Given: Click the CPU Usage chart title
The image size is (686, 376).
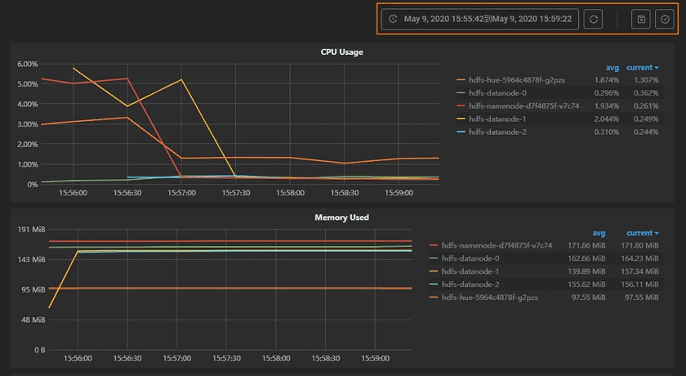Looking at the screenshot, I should tap(341, 52).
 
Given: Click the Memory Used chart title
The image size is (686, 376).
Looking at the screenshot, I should tap(341, 217).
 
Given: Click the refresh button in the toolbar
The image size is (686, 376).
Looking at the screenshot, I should tap(594, 19).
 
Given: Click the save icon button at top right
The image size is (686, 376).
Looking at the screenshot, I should tap(641, 19).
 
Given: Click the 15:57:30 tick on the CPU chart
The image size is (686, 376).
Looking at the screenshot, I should tap(235, 194).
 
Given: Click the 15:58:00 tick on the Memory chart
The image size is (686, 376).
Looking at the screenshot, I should tap(275, 358).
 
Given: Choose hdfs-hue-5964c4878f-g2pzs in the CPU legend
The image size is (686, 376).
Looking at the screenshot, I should tap(516, 80).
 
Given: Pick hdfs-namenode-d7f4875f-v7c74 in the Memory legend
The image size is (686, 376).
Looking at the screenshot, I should tap(497, 245).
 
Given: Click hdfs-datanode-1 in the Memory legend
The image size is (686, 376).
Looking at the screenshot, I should tap(470, 271).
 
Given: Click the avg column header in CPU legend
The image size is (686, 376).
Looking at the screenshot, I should tap(612, 68).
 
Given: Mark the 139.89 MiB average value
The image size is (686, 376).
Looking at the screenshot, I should tap(587, 271).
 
